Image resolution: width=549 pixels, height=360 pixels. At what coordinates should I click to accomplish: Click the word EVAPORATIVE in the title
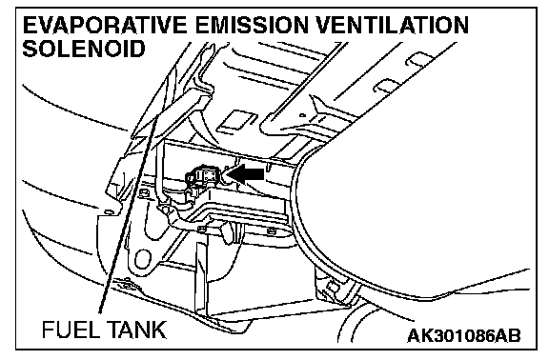pos(105,25)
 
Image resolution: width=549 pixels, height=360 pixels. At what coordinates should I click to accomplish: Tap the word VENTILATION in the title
pos(393,25)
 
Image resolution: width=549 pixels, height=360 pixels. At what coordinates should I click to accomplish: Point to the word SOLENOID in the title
pos(84,48)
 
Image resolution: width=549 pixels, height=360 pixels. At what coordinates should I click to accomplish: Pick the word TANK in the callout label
pos(134,330)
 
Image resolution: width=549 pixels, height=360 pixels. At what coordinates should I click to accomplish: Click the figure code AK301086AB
pos(464,336)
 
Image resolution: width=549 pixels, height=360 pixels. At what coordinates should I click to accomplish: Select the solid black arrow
pos(246,174)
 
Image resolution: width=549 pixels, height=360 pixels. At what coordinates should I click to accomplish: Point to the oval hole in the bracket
pos(143,260)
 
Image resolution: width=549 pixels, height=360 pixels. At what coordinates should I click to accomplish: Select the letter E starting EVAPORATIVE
pos(30,25)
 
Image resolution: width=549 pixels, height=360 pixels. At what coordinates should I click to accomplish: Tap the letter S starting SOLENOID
pos(30,48)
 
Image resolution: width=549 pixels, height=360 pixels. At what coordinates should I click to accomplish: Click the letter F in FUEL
pos(48,330)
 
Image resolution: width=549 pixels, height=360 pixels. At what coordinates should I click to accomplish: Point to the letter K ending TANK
pos(159,330)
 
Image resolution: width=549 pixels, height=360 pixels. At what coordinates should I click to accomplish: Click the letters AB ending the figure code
pos(507,336)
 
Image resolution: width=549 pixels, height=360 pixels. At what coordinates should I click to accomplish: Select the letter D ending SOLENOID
pos(137,48)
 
